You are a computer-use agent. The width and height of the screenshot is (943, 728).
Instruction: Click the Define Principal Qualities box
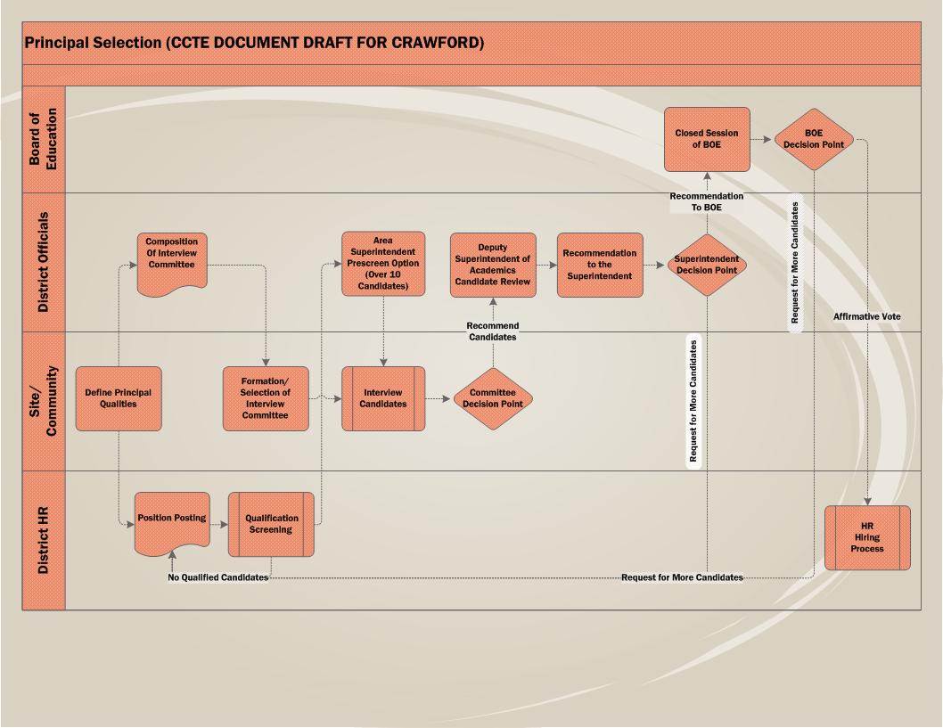119,398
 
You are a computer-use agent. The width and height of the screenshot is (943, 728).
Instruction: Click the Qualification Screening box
271,524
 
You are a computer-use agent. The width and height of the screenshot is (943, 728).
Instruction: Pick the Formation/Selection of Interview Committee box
266,398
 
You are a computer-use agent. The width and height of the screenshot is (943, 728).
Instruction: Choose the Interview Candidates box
383,398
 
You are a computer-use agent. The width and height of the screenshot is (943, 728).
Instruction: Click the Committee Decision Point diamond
493,398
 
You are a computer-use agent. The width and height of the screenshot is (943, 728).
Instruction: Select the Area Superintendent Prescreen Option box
383,264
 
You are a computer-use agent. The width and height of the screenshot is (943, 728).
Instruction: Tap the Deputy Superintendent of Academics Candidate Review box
493,265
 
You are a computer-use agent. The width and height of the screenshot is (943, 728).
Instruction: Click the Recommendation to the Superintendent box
600,265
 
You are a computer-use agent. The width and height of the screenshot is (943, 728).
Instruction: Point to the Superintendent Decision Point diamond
707,265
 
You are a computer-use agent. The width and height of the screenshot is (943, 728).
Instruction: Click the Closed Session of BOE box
707,139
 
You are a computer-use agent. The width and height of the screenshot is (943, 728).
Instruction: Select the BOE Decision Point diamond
814,139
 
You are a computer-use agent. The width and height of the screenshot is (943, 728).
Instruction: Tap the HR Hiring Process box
867,537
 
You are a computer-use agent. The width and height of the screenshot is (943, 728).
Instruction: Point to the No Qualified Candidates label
218,577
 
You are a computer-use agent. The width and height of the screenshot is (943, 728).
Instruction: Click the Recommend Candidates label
492,331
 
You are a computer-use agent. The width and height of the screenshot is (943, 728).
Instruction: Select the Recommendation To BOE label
707,201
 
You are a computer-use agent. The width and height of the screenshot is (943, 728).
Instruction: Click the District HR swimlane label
44,540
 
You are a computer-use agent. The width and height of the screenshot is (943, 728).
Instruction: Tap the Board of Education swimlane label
44,139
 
